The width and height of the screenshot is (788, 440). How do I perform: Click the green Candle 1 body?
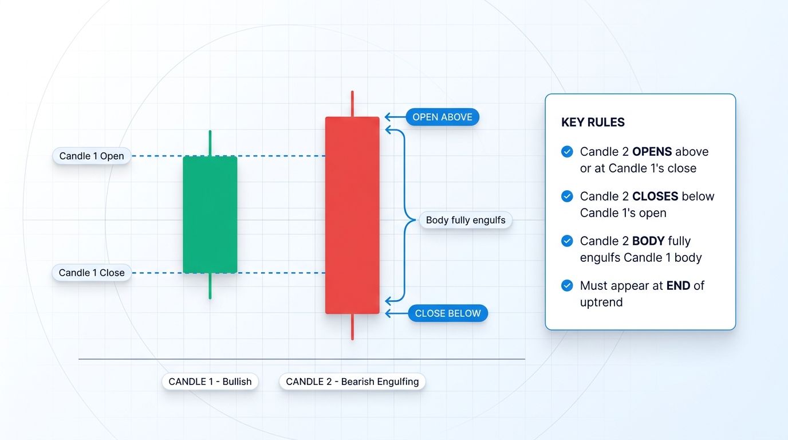point(210,214)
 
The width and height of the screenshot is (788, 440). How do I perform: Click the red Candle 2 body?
point(352,215)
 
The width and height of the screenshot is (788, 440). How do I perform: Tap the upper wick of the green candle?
point(210,143)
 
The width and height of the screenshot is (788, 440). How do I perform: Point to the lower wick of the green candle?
point(210,286)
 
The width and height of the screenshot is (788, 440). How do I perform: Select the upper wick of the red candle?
point(352,104)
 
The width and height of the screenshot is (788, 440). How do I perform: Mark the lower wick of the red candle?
point(352,327)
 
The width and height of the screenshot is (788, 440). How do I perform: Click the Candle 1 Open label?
point(92,156)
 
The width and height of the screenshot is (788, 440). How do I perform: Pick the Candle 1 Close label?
point(92,273)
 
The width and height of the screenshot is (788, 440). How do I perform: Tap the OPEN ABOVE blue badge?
point(442,117)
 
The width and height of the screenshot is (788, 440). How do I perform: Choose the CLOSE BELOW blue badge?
point(447,313)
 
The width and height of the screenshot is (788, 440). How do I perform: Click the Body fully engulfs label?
point(466,220)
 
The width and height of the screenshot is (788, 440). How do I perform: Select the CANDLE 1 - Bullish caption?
point(210,382)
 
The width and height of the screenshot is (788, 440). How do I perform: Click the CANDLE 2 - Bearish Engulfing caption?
point(352,382)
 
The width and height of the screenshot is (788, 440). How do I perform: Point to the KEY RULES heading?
point(593,122)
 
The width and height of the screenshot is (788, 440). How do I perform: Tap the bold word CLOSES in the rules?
point(654,197)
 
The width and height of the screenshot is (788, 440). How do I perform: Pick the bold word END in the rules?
point(678,286)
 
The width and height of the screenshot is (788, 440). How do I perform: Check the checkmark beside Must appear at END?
point(567,286)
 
